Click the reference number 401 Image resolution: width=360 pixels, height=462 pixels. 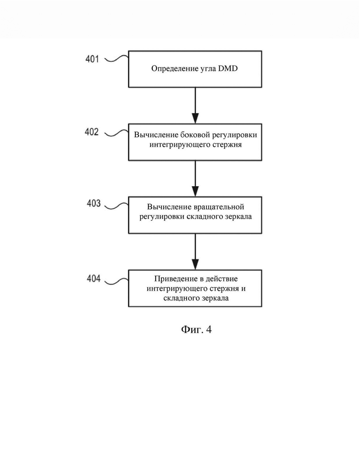92,59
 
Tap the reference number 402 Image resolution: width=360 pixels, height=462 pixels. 92,132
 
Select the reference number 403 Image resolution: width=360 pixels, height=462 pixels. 94,203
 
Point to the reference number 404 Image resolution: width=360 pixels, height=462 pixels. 94,278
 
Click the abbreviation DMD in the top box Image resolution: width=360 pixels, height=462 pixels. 228,68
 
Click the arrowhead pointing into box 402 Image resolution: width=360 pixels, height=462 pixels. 195,118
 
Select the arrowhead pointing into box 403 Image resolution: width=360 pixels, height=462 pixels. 195,191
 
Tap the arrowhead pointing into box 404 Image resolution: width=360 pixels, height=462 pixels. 195,264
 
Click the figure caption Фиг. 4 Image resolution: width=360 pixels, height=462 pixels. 196,329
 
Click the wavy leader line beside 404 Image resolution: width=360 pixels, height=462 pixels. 117,281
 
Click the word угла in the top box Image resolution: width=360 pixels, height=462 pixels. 207,69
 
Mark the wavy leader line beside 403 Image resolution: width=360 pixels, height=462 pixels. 117,206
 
